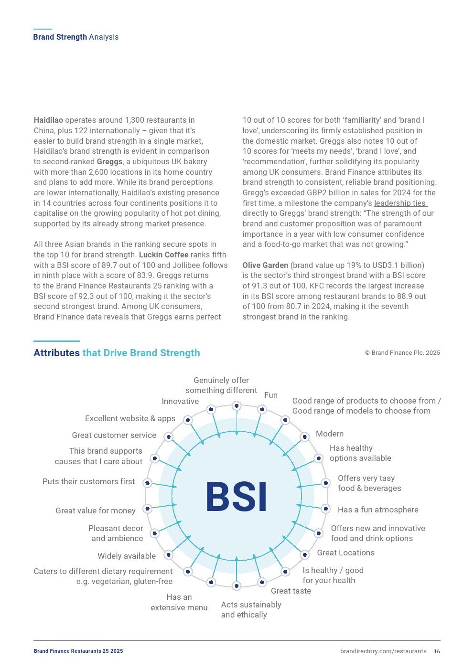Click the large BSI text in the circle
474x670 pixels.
coord(236,497)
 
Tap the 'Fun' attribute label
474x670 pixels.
coord(271,395)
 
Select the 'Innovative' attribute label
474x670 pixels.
coord(180,402)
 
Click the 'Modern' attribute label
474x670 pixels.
coord(330,434)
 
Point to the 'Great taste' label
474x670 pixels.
coord(291,591)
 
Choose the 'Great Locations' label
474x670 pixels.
coord(346,553)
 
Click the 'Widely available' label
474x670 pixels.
coord(127,556)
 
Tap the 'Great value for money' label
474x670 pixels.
coord(96,510)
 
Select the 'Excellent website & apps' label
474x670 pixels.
coord(130,419)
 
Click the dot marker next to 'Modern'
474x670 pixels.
coord(304,437)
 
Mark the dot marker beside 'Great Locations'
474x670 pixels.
coord(304,555)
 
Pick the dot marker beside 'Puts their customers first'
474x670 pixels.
coord(148,483)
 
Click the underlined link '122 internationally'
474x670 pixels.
coord(107,131)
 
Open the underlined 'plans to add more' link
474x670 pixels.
coord(81,182)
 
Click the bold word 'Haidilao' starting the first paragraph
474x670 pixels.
coord(48,120)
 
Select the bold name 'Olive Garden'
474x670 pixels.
coord(265,265)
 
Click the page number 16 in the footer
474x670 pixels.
coord(437,651)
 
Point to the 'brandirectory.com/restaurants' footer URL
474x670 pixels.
coord(383,651)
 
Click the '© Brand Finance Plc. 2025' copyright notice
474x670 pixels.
coord(402,353)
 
